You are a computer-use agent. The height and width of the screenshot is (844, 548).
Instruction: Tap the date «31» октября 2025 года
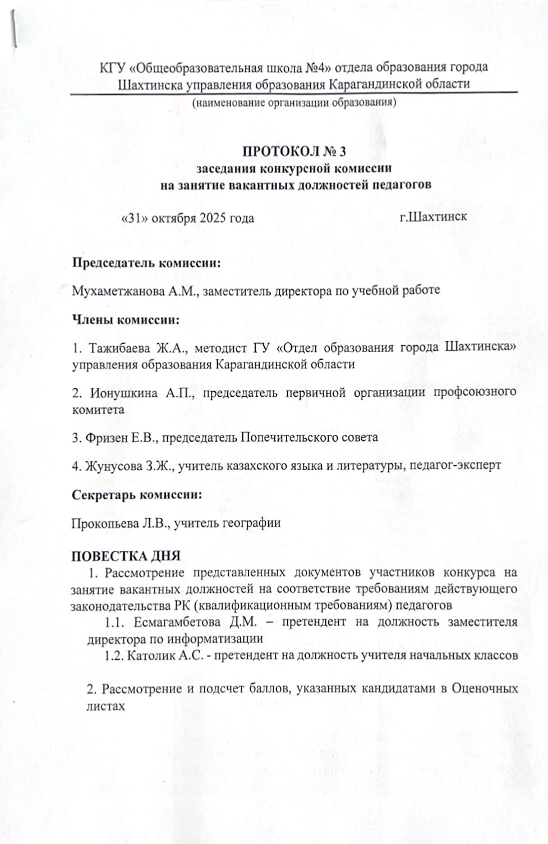coord(188,218)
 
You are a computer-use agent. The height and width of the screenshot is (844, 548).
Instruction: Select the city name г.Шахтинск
coord(433,217)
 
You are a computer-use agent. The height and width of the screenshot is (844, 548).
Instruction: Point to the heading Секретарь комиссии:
coord(137,495)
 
